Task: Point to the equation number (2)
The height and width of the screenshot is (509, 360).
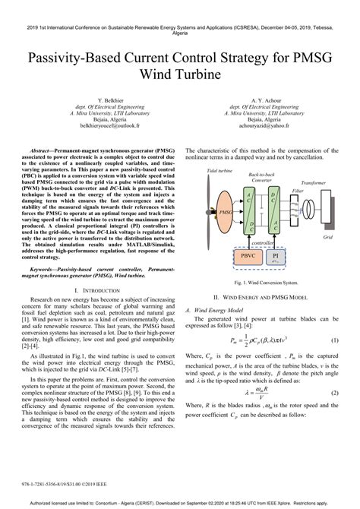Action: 333,392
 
